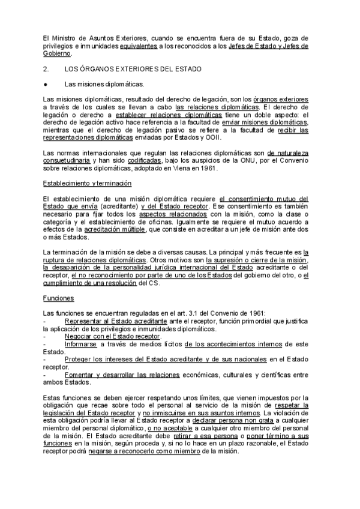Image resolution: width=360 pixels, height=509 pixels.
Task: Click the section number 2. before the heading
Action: (x=47, y=70)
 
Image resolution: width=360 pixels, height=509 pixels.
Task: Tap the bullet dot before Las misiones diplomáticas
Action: (x=46, y=85)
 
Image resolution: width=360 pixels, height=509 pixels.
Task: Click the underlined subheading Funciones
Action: (x=58, y=297)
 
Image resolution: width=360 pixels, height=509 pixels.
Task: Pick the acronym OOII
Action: (x=215, y=137)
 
